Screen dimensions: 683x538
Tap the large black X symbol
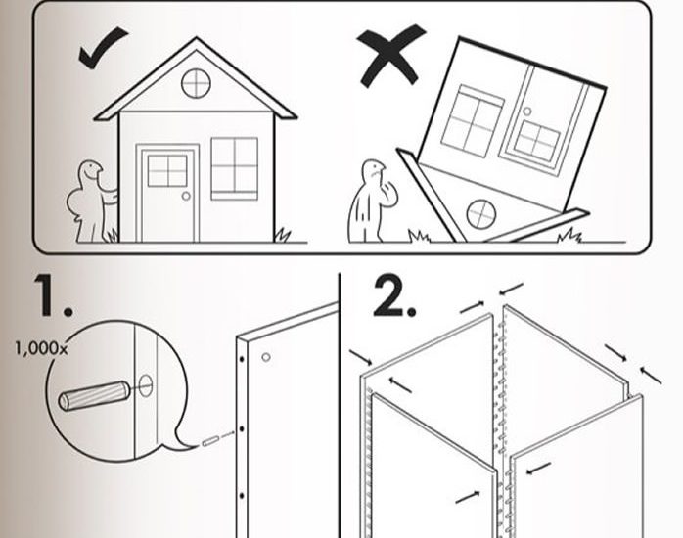coord(389,56)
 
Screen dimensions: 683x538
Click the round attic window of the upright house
coord(196,83)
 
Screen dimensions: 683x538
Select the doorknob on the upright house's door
coord(186,196)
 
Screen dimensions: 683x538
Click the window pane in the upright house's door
coord(167,170)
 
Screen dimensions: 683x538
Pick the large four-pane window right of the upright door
coord(234,168)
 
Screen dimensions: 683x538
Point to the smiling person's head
coord(90,171)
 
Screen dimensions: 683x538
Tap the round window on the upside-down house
coord(480,213)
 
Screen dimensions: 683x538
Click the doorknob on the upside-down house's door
coord(527,112)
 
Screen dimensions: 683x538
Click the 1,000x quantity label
coord(41,348)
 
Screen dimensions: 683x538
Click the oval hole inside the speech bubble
coord(146,385)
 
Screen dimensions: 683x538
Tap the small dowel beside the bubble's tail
coord(210,441)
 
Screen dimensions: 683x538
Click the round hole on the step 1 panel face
coord(266,357)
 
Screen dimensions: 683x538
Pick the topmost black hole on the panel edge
coord(242,360)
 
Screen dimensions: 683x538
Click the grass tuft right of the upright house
coord(282,236)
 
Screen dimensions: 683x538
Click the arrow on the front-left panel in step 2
coord(468,497)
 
